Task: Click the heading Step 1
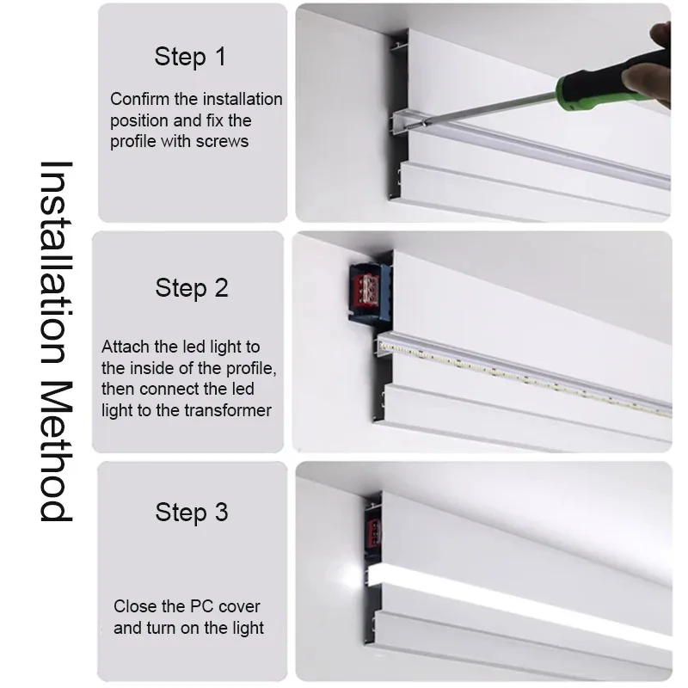point(190,57)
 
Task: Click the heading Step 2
point(192,288)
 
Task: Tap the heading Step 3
point(192,513)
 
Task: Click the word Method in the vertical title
point(56,451)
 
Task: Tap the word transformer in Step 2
point(228,411)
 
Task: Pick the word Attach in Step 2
point(126,347)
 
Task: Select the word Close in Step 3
point(133,606)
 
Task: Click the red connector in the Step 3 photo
point(373,532)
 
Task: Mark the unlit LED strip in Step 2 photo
point(525,377)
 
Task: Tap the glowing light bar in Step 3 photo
point(520,605)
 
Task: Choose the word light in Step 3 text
point(248,628)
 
